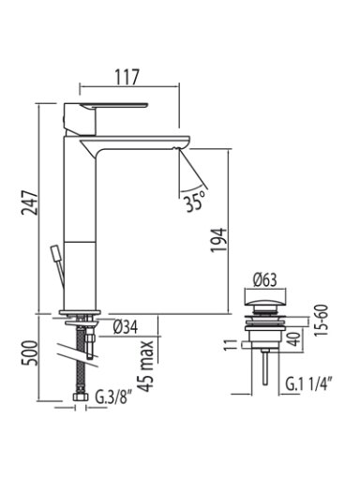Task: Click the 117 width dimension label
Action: (x=127, y=77)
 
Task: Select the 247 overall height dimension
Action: (x=29, y=202)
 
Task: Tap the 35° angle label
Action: (x=194, y=202)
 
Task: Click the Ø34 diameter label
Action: (x=125, y=327)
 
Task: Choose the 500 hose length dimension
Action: (x=29, y=353)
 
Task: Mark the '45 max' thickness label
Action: (x=146, y=366)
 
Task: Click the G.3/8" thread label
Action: (x=112, y=397)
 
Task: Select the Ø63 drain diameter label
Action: (x=265, y=279)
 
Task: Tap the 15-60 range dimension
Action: (x=322, y=320)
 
